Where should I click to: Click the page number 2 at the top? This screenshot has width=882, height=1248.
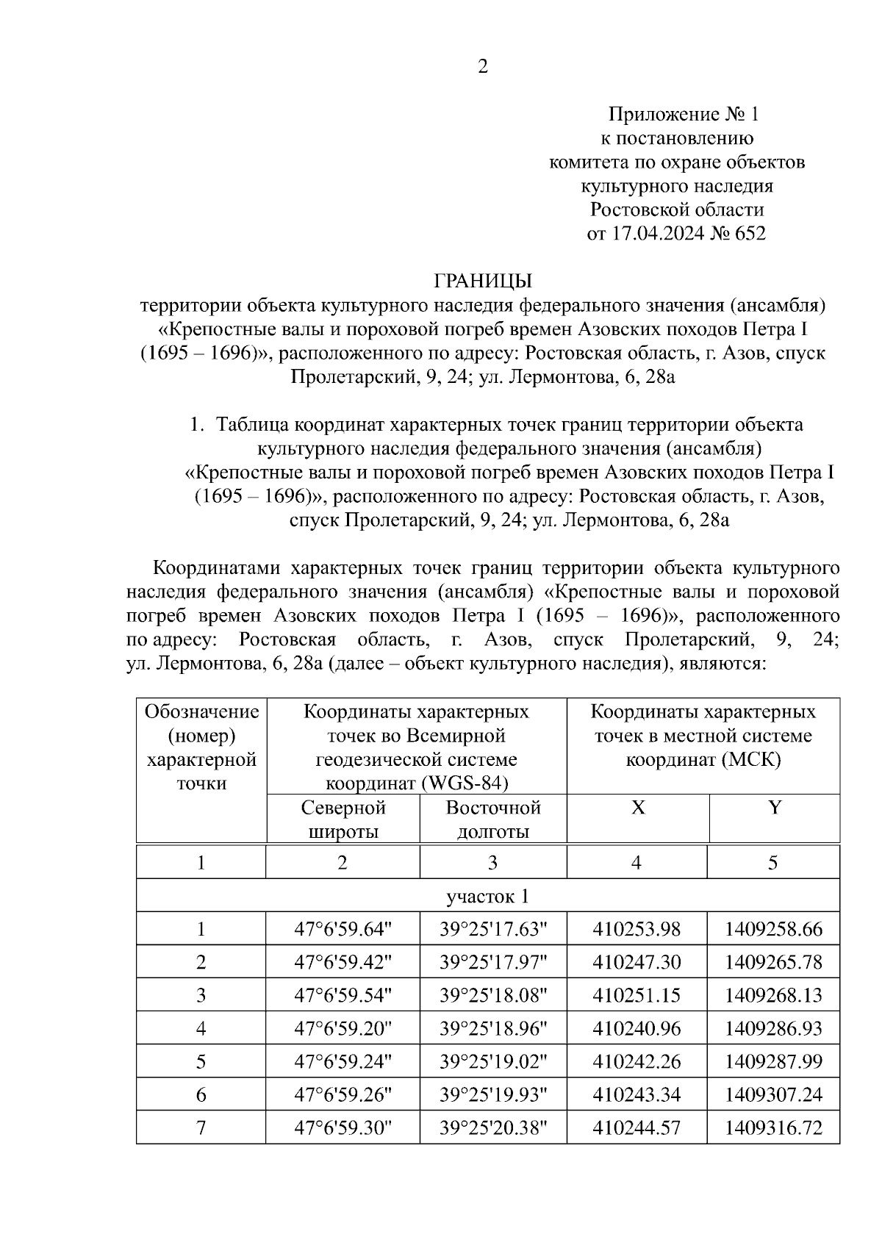coord(483,68)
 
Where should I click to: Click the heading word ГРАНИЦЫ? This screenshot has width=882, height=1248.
coord(483,281)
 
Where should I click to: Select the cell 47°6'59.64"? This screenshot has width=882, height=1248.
coord(343,929)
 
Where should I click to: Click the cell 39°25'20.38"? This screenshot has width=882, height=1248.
coord(493,1127)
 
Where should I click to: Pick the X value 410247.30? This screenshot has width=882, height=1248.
coord(637,962)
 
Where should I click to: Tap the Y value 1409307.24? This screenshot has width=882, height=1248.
coord(773,1094)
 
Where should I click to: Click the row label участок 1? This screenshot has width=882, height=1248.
coord(487,896)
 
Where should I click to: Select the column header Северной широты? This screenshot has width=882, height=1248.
coord(343,820)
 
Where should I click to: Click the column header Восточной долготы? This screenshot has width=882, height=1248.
coord(493,820)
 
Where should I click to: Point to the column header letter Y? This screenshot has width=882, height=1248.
coord(774,808)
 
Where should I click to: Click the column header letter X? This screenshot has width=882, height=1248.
coord(638,808)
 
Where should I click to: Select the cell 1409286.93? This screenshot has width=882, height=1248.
coord(773,1028)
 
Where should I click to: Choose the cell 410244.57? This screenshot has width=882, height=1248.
coord(637,1127)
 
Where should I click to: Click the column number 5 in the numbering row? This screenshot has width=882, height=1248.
coord(773,862)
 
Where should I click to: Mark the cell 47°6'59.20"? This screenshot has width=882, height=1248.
coord(343,1028)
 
